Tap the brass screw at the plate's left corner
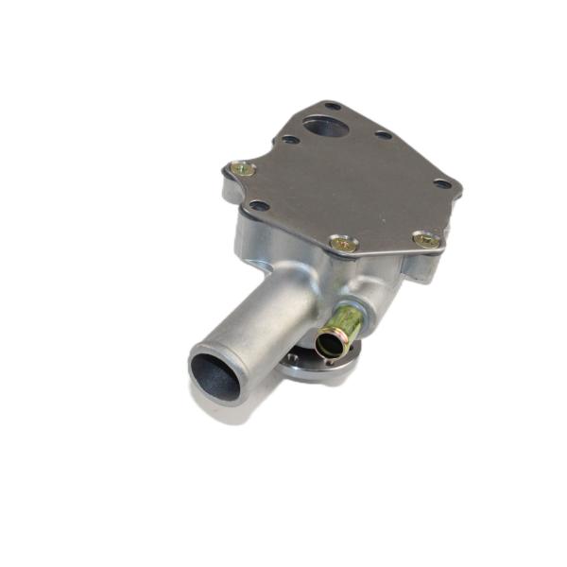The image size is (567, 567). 243,169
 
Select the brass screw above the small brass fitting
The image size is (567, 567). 344,244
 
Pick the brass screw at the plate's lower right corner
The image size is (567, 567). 427,240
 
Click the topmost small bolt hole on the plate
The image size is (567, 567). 332,106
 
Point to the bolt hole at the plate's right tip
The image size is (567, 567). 442,183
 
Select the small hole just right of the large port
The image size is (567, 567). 383,135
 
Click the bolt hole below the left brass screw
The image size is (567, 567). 258,205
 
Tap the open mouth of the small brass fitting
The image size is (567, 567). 330,345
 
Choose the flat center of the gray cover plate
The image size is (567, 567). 350,184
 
